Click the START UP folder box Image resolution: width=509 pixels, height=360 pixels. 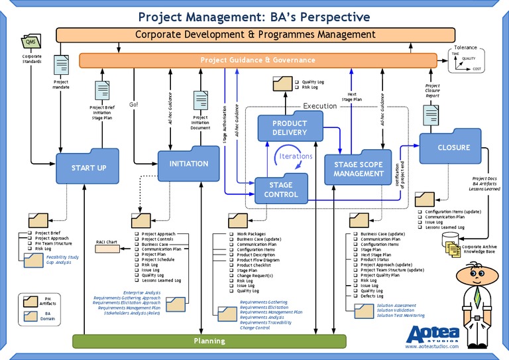click(x=87, y=167)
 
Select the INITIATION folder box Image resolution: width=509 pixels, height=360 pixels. click(x=188, y=163)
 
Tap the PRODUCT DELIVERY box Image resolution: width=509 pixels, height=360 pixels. click(x=289, y=127)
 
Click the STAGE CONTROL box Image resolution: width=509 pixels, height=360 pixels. click(x=282, y=190)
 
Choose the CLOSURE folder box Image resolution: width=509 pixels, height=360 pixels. click(x=453, y=147)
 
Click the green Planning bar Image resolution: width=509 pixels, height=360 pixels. click(x=209, y=341)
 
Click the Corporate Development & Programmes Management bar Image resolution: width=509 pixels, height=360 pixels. click(x=255, y=34)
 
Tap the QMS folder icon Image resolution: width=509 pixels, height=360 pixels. click(x=30, y=42)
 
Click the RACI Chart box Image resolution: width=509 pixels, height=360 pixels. click(x=107, y=241)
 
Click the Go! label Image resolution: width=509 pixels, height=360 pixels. click(x=133, y=104)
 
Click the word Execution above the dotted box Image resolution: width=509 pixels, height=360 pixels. click(x=320, y=105)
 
